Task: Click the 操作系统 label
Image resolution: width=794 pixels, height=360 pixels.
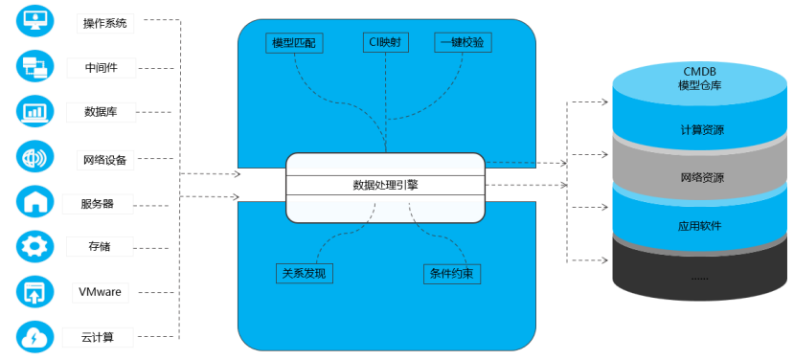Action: tap(104, 23)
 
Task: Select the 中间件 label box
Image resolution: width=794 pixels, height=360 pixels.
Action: tap(102, 67)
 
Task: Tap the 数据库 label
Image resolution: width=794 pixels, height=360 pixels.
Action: tap(101, 112)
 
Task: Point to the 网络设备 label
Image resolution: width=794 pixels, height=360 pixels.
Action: tap(104, 160)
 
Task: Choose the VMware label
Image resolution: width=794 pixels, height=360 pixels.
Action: tap(100, 292)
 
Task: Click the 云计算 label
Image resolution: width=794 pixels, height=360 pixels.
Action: tap(98, 337)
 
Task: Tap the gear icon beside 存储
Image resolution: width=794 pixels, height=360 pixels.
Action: tap(34, 247)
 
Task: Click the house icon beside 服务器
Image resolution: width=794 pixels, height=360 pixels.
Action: tap(34, 202)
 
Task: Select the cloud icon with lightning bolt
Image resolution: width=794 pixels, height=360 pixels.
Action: tap(34, 336)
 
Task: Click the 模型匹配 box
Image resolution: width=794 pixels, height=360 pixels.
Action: tap(294, 43)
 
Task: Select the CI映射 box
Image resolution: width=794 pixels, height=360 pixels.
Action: tap(386, 42)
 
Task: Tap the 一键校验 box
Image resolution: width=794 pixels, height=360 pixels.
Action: tap(463, 42)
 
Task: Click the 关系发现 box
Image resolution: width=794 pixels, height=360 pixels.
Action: tap(305, 274)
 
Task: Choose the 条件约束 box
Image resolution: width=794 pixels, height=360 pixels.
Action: tap(452, 274)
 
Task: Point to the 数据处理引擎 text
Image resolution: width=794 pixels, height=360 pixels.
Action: tap(385, 186)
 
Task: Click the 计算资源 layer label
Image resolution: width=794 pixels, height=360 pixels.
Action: tap(702, 130)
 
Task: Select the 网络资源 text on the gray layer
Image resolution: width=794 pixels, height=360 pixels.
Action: tap(702, 178)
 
